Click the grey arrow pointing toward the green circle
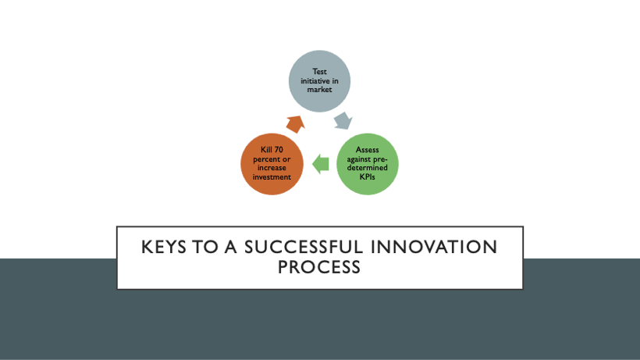(342, 122)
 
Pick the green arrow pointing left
(318, 163)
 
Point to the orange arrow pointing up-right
(295, 123)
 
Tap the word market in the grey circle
(320, 89)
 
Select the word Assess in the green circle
(367, 149)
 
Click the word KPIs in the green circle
(367, 177)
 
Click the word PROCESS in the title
(319, 267)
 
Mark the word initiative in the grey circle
(320, 80)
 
